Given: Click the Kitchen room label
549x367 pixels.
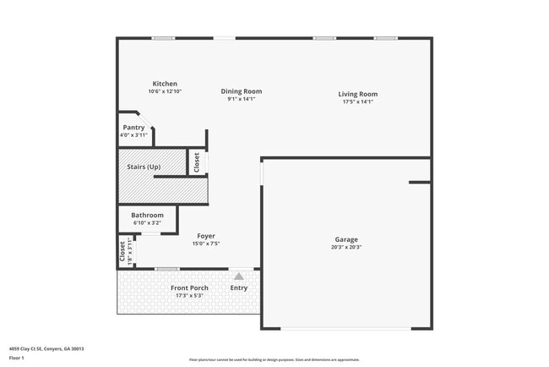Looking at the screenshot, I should tap(165, 84).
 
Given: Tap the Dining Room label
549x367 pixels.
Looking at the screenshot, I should tap(241, 91).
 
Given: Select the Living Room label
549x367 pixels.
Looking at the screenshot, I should tap(357, 94).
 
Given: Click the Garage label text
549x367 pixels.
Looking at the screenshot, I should tap(346, 239).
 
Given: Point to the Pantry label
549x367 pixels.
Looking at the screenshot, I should tap(133, 127).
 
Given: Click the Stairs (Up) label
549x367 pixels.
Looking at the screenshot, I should tap(144, 167).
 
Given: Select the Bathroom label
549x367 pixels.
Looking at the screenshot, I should tap(147, 215).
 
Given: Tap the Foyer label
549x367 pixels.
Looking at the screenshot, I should tap(206, 236).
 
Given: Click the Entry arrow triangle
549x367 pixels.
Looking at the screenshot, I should tap(239, 276).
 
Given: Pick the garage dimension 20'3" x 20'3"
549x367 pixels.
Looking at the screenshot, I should tap(346, 248).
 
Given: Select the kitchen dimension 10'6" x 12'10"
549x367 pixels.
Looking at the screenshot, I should tap(165, 91).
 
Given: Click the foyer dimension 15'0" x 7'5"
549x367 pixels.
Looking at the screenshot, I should tap(206, 244).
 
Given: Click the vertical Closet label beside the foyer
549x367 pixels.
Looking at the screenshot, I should tap(122, 250).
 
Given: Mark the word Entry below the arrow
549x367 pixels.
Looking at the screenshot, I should tap(239, 288).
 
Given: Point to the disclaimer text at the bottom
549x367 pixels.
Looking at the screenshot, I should tap(274, 359).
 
